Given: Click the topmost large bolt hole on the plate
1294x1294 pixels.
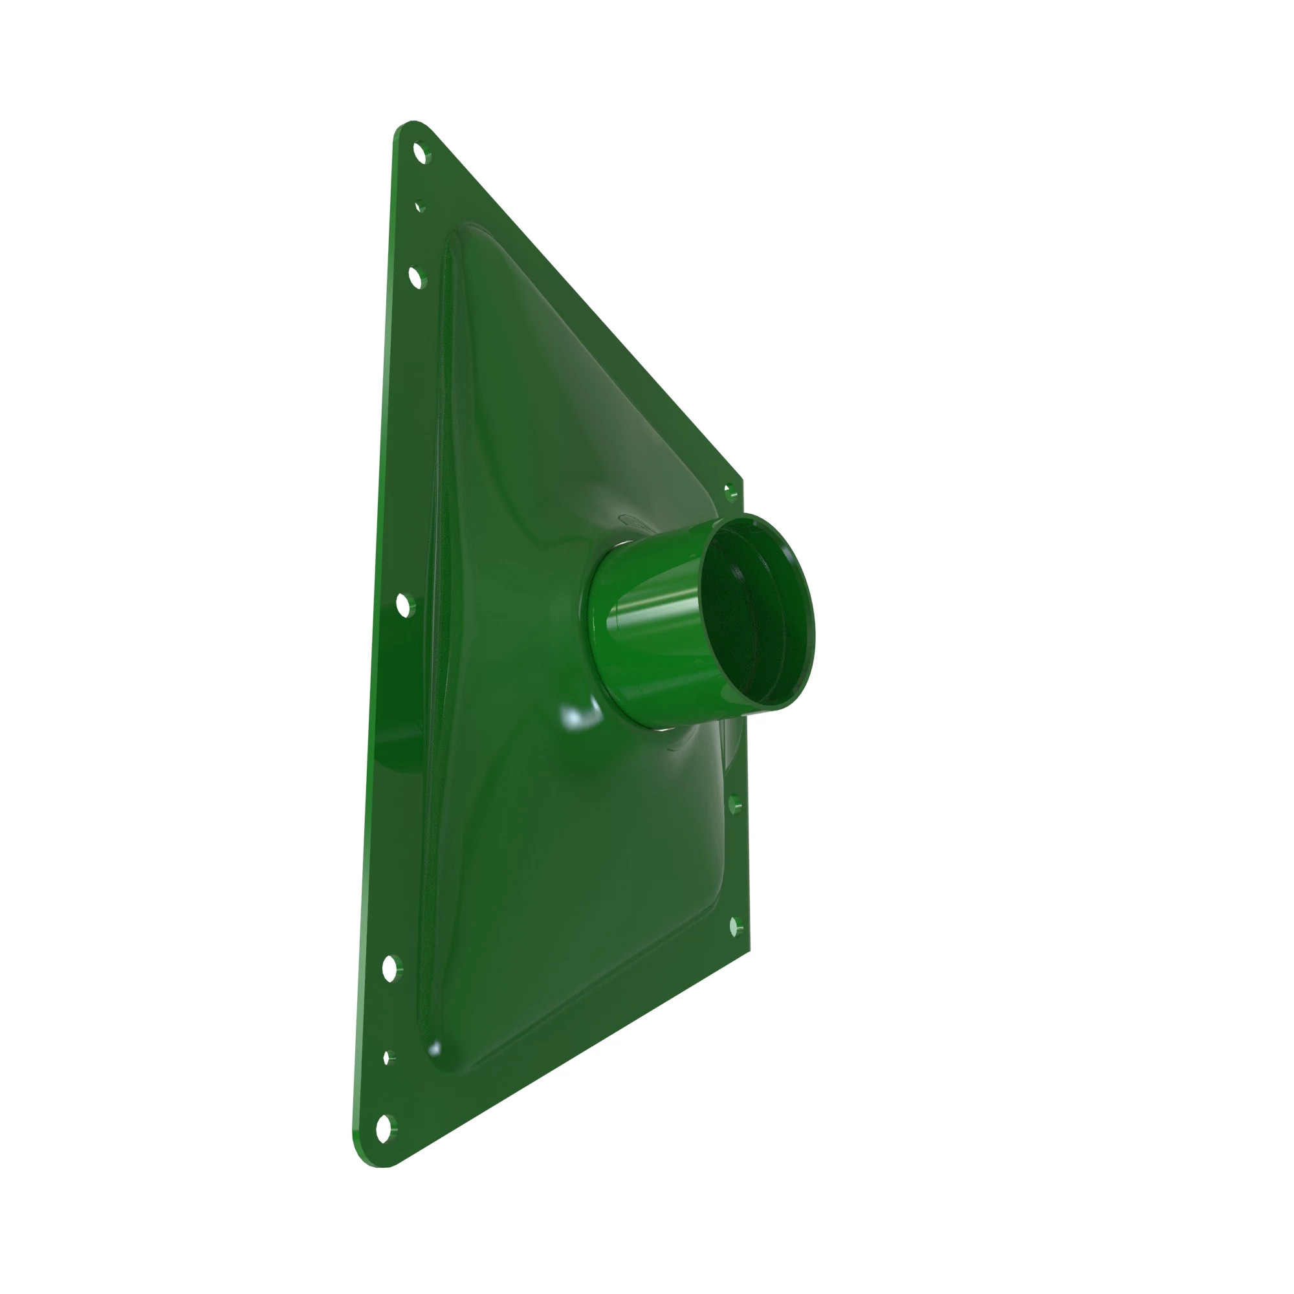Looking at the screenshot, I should (x=420, y=153).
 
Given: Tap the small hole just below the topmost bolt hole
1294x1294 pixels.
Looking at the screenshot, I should (x=419, y=206).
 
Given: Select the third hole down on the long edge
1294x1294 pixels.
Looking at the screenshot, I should (x=416, y=277).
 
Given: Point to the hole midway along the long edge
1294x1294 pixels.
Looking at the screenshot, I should (x=402, y=605).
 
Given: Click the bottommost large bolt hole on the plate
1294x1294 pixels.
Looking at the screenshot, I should (x=383, y=1128).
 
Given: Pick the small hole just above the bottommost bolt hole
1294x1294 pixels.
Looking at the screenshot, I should (x=386, y=1058).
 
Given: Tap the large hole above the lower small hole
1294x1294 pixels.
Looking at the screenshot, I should (x=389, y=968).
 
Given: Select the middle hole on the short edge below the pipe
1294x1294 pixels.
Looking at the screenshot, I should (x=734, y=804).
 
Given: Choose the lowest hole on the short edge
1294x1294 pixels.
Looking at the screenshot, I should (x=734, y=928).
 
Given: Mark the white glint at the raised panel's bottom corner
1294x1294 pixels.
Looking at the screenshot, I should (x=435, y=1047).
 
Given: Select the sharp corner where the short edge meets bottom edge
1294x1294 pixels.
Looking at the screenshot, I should (x=748, y=950).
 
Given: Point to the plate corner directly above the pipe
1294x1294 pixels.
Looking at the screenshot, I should (x=741, y=479).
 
